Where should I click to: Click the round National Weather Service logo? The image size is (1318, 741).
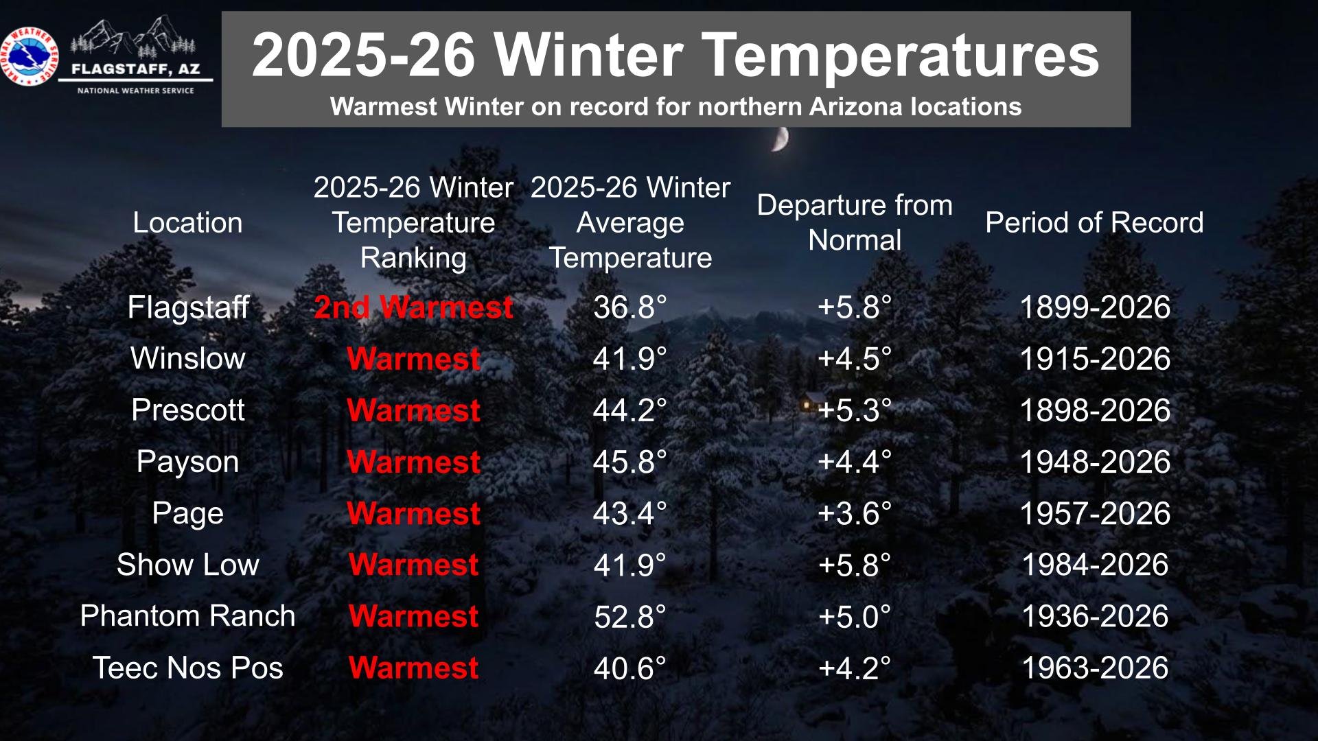(x=30, y=57)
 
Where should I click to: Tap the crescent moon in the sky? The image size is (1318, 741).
(x=781, y=139)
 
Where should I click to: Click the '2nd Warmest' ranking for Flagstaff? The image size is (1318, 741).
(x=413, y=307)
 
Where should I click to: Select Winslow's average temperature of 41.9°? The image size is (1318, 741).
(x=629, y=359)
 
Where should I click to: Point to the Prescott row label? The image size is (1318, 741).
(x=187, y=410)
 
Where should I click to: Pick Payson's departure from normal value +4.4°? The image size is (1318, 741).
(x=855, y=462)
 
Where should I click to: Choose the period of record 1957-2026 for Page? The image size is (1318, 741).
(x=1095, y=513)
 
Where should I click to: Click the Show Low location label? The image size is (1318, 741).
(x=187, y=565)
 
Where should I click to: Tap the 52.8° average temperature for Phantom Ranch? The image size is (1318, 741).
(x=629, y=617)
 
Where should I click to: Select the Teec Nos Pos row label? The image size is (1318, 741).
(x=187, y=668)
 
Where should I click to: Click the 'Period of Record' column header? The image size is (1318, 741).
(x=1095, y=222)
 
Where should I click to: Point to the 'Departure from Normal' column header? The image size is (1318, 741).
(x=855, y=222)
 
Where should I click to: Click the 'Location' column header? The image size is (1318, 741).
(x=187, y=222)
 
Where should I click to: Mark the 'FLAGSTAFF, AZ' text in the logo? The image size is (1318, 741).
(x=136, y=69)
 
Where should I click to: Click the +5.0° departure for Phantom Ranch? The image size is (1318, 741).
(x=855, y=617)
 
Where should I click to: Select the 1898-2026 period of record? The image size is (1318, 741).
(x=1095, y=410)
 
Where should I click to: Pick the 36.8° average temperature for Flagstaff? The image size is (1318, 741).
(x=629, y=307)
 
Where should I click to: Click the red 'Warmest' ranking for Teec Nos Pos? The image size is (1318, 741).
(x=413, y=668)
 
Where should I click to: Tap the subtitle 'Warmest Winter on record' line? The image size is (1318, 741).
(x=675, y=106)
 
